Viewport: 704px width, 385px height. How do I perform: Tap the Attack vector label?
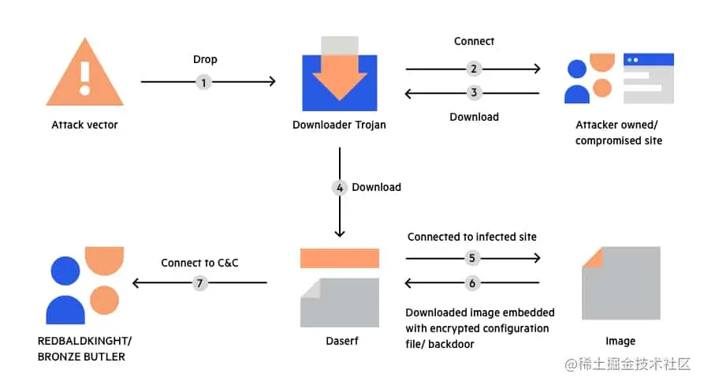pyautogui.click(x=84, y=125)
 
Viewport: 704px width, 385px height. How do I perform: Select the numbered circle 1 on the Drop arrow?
pyautogui.click(x=203, y=81)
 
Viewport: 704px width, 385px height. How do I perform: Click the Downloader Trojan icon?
pyautogui.click(x=340, y=72)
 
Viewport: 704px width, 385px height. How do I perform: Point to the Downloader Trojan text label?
pyautogui.click(x=339, y=125)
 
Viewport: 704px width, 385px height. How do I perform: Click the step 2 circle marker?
pyautogui.click(x=473, y=69)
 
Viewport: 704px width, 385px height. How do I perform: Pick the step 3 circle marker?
pyautogui.click(x=473, y=93)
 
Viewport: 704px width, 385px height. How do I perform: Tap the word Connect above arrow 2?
pyautogui.click(x=474, y=41)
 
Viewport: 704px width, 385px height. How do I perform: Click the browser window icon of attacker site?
pyautogui.click(x=648, y=78)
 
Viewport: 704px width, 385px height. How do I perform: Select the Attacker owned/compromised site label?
pyautogui.click(x=619, y=133)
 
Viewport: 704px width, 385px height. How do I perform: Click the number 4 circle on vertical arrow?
pyautogui.click(x=339, y=188)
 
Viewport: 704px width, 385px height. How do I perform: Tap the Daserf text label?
pyautogui.click(x=339, y=341)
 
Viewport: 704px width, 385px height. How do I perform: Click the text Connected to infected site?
pyautogui.click(x=471, y=237)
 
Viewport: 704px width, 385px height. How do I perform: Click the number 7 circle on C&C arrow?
pyautogui.click(x=199, y=282)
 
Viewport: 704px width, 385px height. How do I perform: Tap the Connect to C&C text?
pyautogui.click(x=199, y=263)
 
